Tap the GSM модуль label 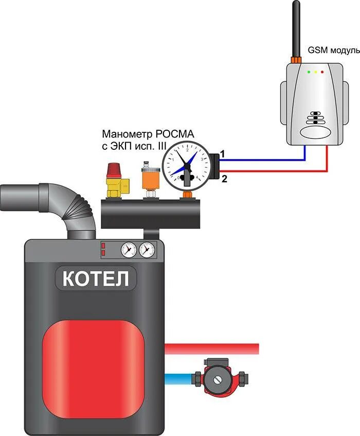332,50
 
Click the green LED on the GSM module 309,72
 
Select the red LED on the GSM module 322,72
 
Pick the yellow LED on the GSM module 316,72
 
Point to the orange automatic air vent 149,178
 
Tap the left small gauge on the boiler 128,250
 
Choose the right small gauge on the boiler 147,250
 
